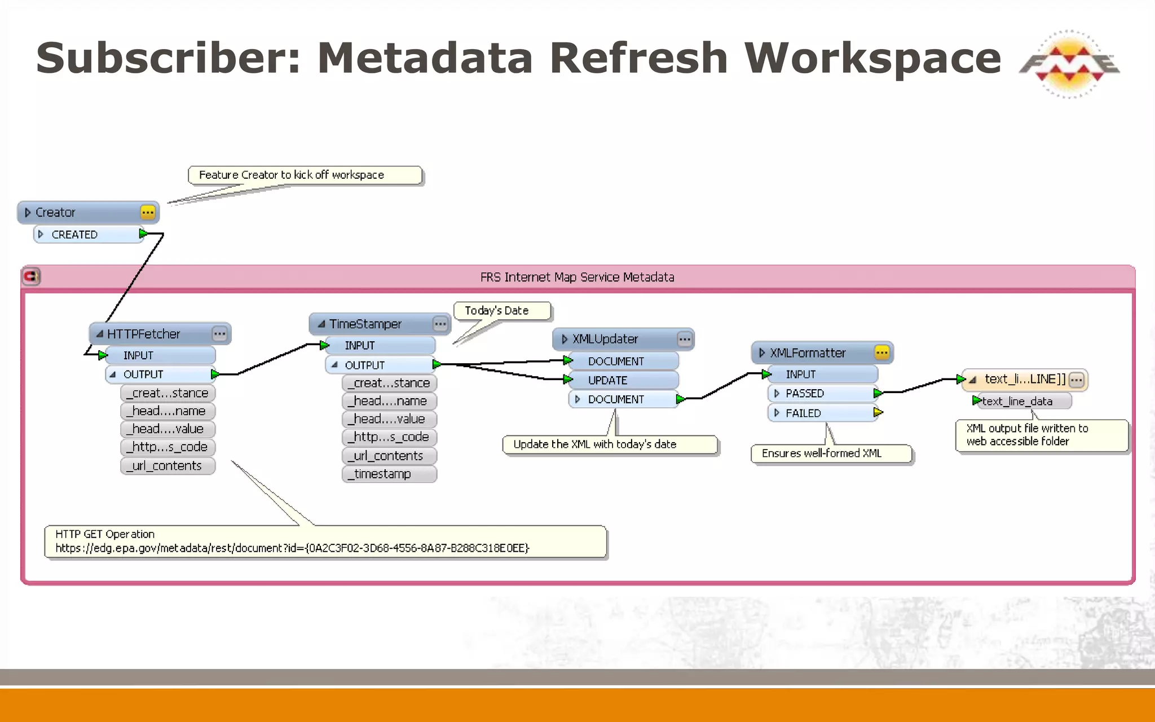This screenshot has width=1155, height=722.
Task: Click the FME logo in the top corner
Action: (x=1069, y=63)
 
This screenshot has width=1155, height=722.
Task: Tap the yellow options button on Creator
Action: (x=148, y=213)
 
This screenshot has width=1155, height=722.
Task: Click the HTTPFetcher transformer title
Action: (x=144, y=334)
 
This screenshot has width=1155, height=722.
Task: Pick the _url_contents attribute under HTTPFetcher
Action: (x=167, y=466)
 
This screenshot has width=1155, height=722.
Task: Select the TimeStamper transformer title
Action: (x=365, y=324)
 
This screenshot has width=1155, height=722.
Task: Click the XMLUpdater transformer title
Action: (x=605, y=339)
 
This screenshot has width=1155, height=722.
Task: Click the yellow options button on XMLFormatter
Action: (x=882, y=353)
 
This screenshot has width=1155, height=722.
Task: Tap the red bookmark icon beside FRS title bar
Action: (x=31, y=277)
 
